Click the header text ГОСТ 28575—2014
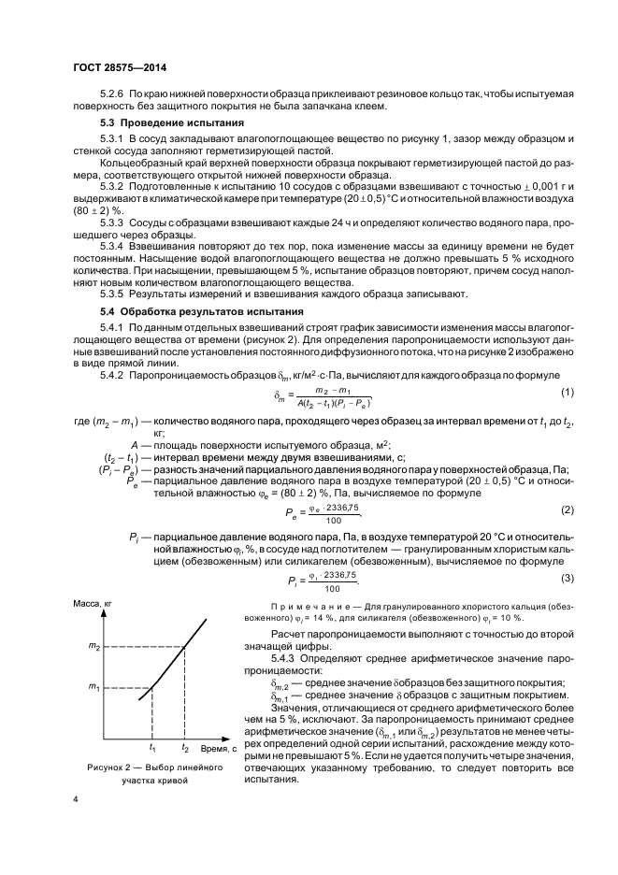pos(120,67)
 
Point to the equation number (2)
pos(539,510)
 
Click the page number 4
pos(76,799)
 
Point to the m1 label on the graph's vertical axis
pos(93,689)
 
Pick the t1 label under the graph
pos(151,748)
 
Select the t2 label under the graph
pos(185,748)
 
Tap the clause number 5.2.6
pos(111,94)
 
